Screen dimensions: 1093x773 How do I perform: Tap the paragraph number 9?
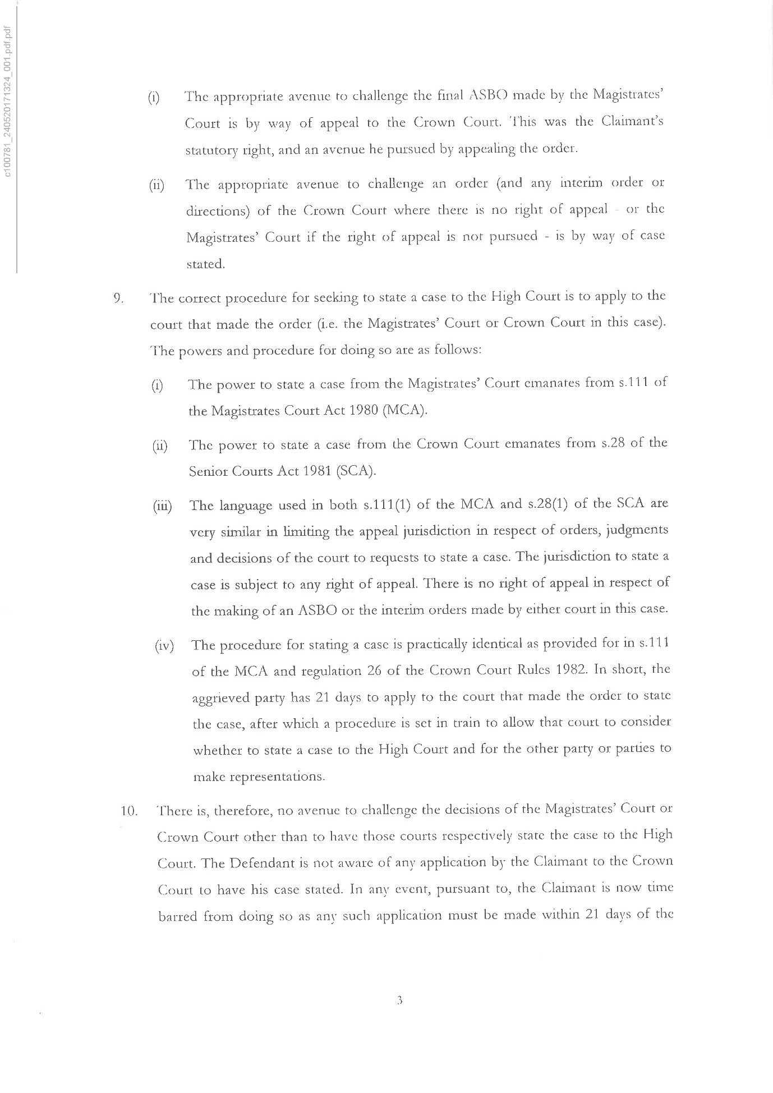point(118,298)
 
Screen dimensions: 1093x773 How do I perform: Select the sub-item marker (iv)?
point(164,646)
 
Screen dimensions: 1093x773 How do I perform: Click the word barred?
point(177,916)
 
